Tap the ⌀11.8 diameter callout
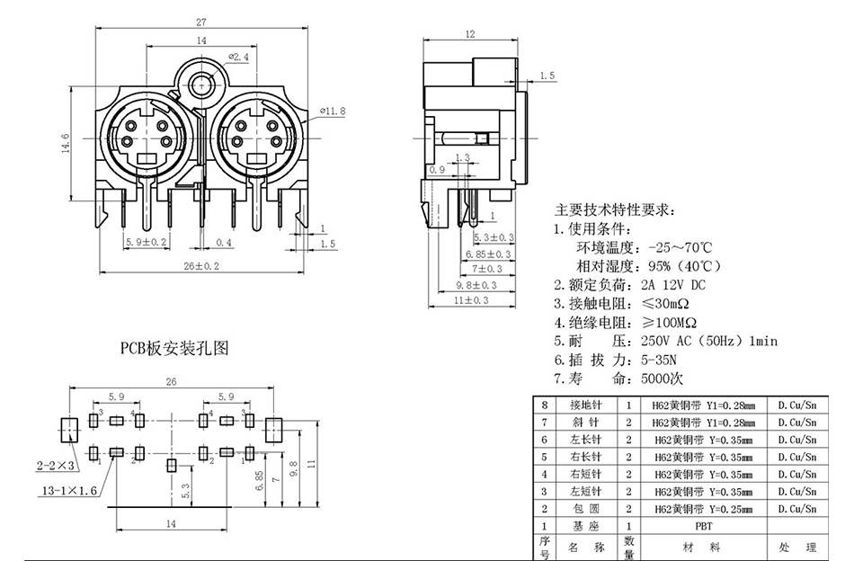334,111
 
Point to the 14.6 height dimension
64,143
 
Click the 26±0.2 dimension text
201,265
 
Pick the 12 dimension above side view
469,34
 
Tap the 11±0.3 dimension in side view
471,299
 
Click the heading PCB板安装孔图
175,347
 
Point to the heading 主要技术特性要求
615,209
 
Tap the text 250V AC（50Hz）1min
708,341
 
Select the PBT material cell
702,525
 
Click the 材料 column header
702,547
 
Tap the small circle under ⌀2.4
200,86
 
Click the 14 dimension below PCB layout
170,522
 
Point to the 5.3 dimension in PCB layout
184,490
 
